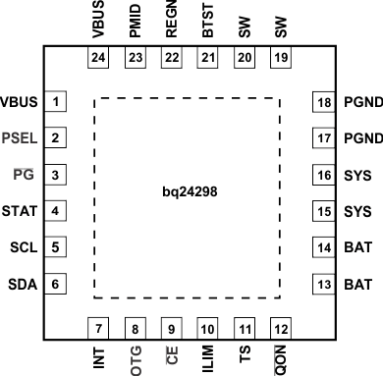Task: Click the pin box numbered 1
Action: tap(58, 102)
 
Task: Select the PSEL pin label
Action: tap(21, 138)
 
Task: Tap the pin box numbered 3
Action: tap(58, 175)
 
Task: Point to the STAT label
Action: tap(21, 211)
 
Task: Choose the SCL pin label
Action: tap(23, 247)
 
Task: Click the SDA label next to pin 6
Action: tap(23, 284)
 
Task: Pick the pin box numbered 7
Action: tap(98, 327)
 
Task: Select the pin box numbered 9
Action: tap(171, 327)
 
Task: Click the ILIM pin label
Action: tap(207, 356)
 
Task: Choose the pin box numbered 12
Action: tap(280, 327)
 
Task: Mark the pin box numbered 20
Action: tap(244, 58)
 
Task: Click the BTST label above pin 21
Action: tap(207, 22)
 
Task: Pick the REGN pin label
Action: tap(171, 22)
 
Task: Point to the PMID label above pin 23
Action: tap(136, 22)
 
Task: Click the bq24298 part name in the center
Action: tap(191, 194)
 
